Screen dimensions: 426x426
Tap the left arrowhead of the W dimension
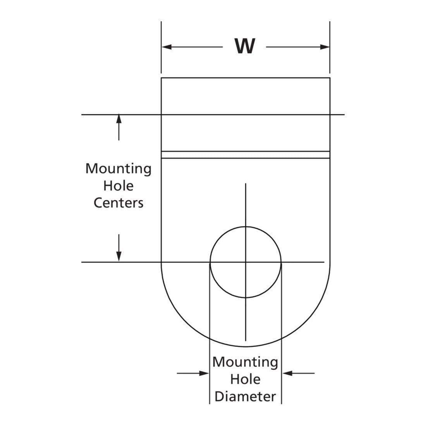pos(167,47)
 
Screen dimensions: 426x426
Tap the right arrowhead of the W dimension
pos(325,47)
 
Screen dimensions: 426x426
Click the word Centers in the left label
pos(119,203)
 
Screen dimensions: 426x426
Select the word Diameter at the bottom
pos(245,397)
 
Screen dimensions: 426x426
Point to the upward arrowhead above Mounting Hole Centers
pos(119,119)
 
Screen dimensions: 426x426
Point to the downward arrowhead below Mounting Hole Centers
pos(119,257)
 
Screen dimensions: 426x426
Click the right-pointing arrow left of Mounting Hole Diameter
pos(193,373)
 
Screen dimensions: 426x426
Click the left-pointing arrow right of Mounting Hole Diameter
pos(298,373)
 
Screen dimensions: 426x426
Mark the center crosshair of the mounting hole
pos(246,262)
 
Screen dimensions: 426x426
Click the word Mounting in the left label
pos(119,169)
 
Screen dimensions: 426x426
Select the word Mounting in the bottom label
pos(245,362)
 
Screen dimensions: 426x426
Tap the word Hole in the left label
pos(119,186)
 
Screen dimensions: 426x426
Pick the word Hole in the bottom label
pos(245,379)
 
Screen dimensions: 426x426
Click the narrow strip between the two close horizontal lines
pos(246,155)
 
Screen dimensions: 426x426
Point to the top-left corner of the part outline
pos(161,78)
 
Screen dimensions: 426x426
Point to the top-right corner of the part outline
pos(330,78)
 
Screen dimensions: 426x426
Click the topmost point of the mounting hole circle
pos(246,227)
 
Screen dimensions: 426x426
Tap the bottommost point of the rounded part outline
pos(246,347)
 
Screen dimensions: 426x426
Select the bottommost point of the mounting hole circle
pos(246,298)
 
